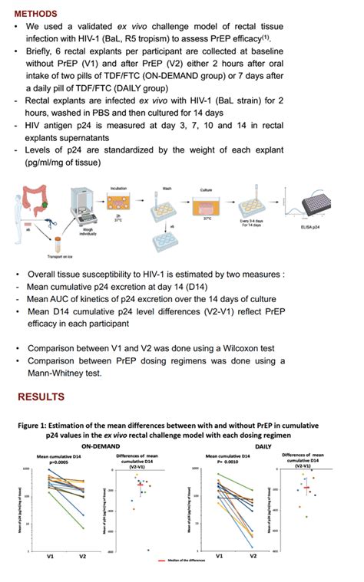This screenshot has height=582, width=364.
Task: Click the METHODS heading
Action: click(x=38, y=14)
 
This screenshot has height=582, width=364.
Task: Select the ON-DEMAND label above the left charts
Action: click(x=104, y=445)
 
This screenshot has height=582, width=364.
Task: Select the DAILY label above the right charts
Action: click(x=263, y=445)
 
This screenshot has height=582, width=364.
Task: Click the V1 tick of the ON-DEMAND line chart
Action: click(x=48, y=557)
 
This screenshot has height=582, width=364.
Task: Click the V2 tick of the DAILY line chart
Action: click(x=253, y=556)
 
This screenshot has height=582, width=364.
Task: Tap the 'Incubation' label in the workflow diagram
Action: click(x=119, y=187)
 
